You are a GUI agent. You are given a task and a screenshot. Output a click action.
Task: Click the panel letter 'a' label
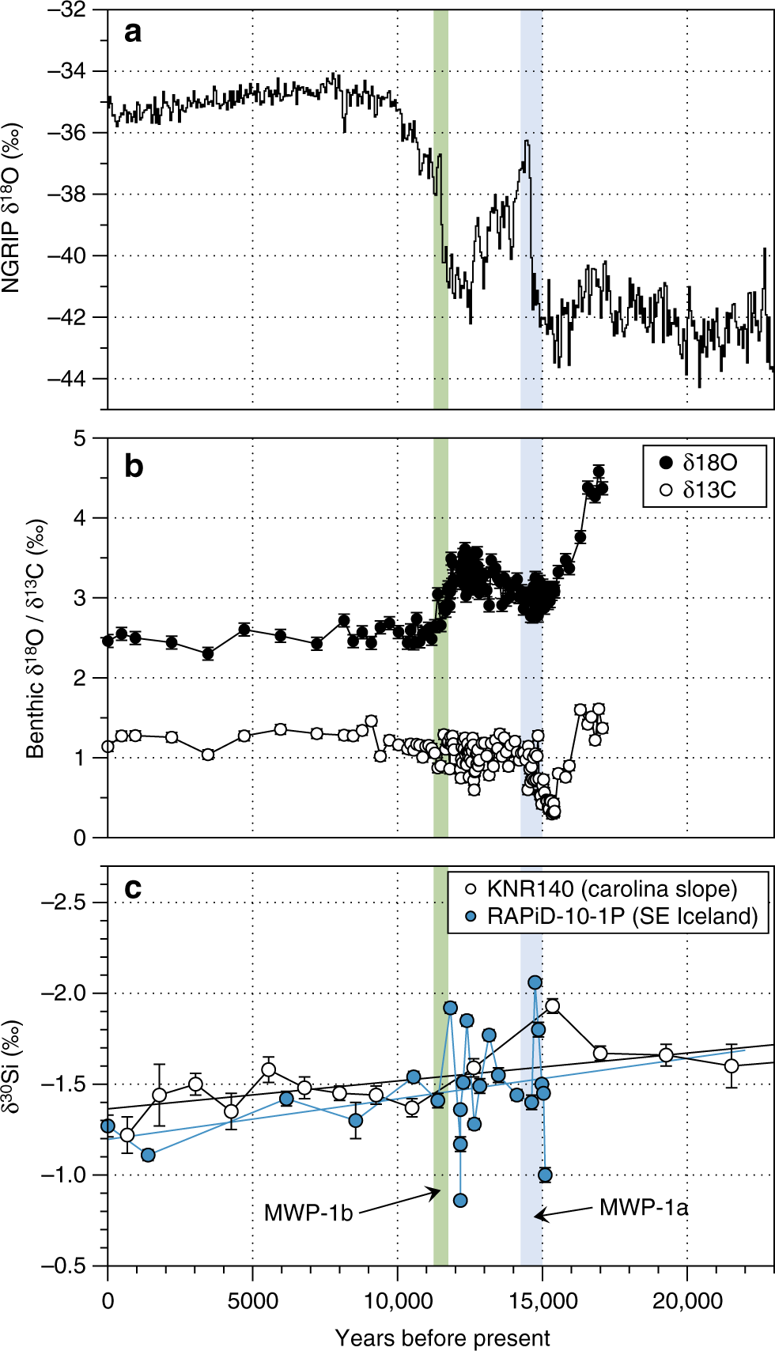coord(133,32)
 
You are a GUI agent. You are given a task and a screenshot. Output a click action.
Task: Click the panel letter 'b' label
coord(134,467)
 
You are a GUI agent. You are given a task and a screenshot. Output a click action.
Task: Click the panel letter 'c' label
coord(133,888)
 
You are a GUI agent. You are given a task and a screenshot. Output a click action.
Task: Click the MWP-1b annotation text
coord(308,1213)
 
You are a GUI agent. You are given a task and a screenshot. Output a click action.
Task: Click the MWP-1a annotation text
coord(643,1208)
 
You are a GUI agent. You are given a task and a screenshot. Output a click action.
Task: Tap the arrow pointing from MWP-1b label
coord(399,1201)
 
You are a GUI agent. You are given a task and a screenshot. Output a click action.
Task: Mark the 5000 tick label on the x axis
coord(252,1301)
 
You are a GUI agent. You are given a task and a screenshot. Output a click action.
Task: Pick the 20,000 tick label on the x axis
coord(686,1301)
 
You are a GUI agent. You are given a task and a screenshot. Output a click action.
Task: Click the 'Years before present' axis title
coord(442,1338)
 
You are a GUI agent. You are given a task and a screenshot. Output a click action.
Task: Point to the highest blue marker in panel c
coord(535,982)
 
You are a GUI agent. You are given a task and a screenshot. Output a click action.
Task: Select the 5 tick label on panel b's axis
coord(79,439)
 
